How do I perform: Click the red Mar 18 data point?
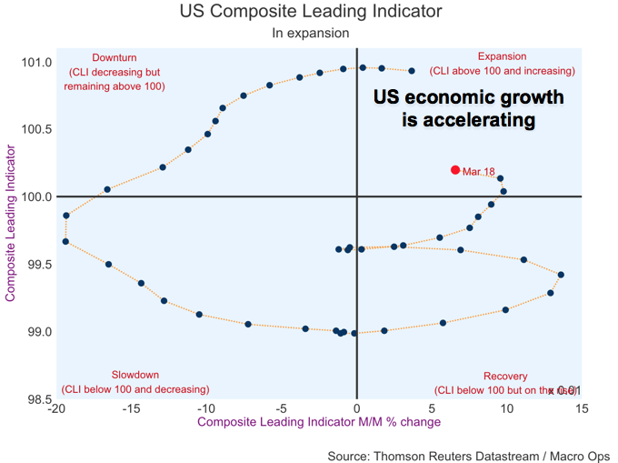455,170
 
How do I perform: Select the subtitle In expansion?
310,34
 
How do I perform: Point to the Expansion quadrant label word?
502,56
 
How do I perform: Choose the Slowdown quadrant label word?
135,375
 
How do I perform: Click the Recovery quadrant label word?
505,377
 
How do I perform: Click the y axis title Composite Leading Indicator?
12,221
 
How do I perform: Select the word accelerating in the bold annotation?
469,120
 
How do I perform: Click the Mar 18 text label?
478,171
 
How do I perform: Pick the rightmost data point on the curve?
561,275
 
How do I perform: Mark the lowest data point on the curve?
354,333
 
